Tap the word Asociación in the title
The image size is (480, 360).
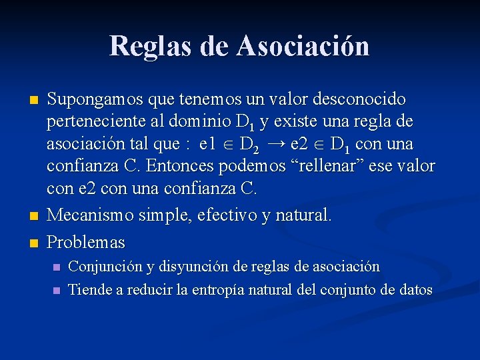tap(303, 45)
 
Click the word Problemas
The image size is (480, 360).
tap(86, 240)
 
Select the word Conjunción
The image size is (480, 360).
tap(105, 267)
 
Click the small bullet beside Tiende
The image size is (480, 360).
tap(56, 291)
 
